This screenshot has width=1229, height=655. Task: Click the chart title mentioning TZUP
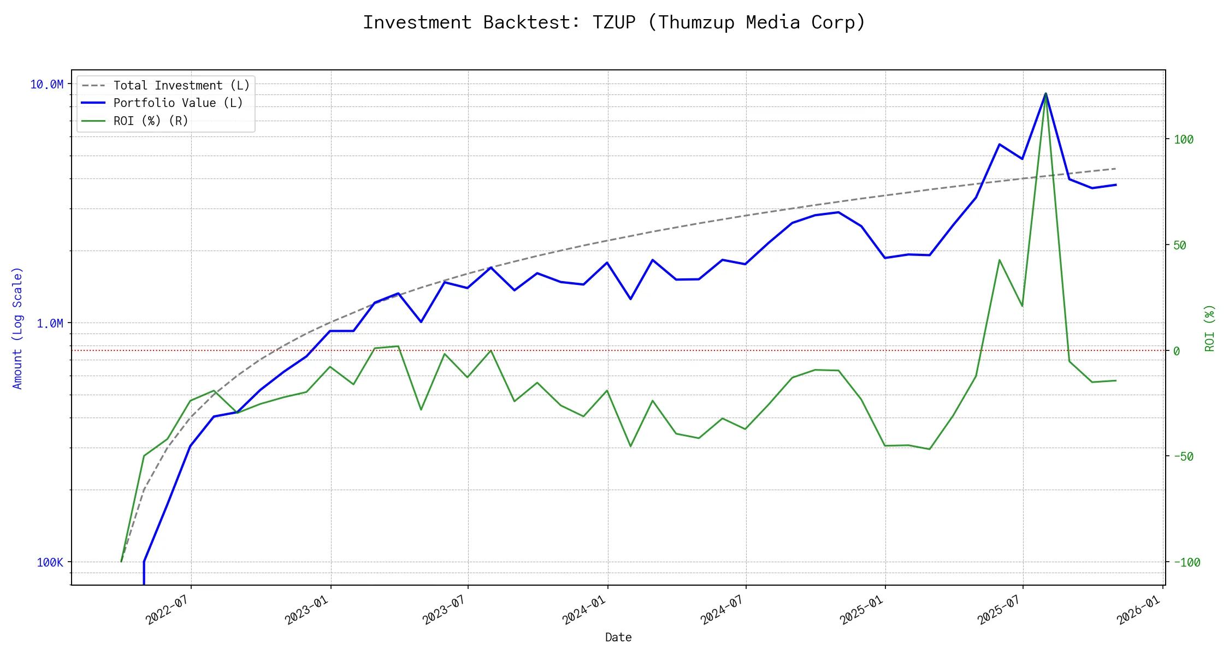(x=614, y=22)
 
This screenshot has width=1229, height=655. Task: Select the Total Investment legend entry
(x=181, y=86)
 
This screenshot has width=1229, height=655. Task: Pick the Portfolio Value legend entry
(x=178, y=103)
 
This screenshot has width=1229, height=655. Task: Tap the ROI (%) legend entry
(x=150, y=121)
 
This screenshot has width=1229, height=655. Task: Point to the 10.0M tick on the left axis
(x=46, y=85)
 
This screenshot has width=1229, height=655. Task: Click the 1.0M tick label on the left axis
(x=50, y=324)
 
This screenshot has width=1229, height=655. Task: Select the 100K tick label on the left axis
(x=50, y=563)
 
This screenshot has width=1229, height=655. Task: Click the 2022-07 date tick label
(x=167, y=610)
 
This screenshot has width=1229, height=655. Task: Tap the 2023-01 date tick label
(x=306, y=610)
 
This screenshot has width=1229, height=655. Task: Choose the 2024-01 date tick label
(x=584, y=610)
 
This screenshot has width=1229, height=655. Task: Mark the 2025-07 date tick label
(x=999, y=610)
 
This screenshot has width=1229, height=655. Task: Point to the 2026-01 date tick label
(x=1138, y=610)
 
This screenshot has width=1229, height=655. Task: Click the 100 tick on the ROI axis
(x=1184, y=140)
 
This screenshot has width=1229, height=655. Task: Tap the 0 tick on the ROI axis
(x=1177, y=352)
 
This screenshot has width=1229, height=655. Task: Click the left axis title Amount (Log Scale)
(x=17, y=328)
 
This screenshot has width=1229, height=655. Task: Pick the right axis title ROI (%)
(x=1210, y=328)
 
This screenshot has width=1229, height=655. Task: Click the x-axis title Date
(x=618, y=638)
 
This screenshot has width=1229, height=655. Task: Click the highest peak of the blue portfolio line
(x=1046, y=94)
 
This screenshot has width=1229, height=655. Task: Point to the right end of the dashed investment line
(x=1115, y=169)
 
